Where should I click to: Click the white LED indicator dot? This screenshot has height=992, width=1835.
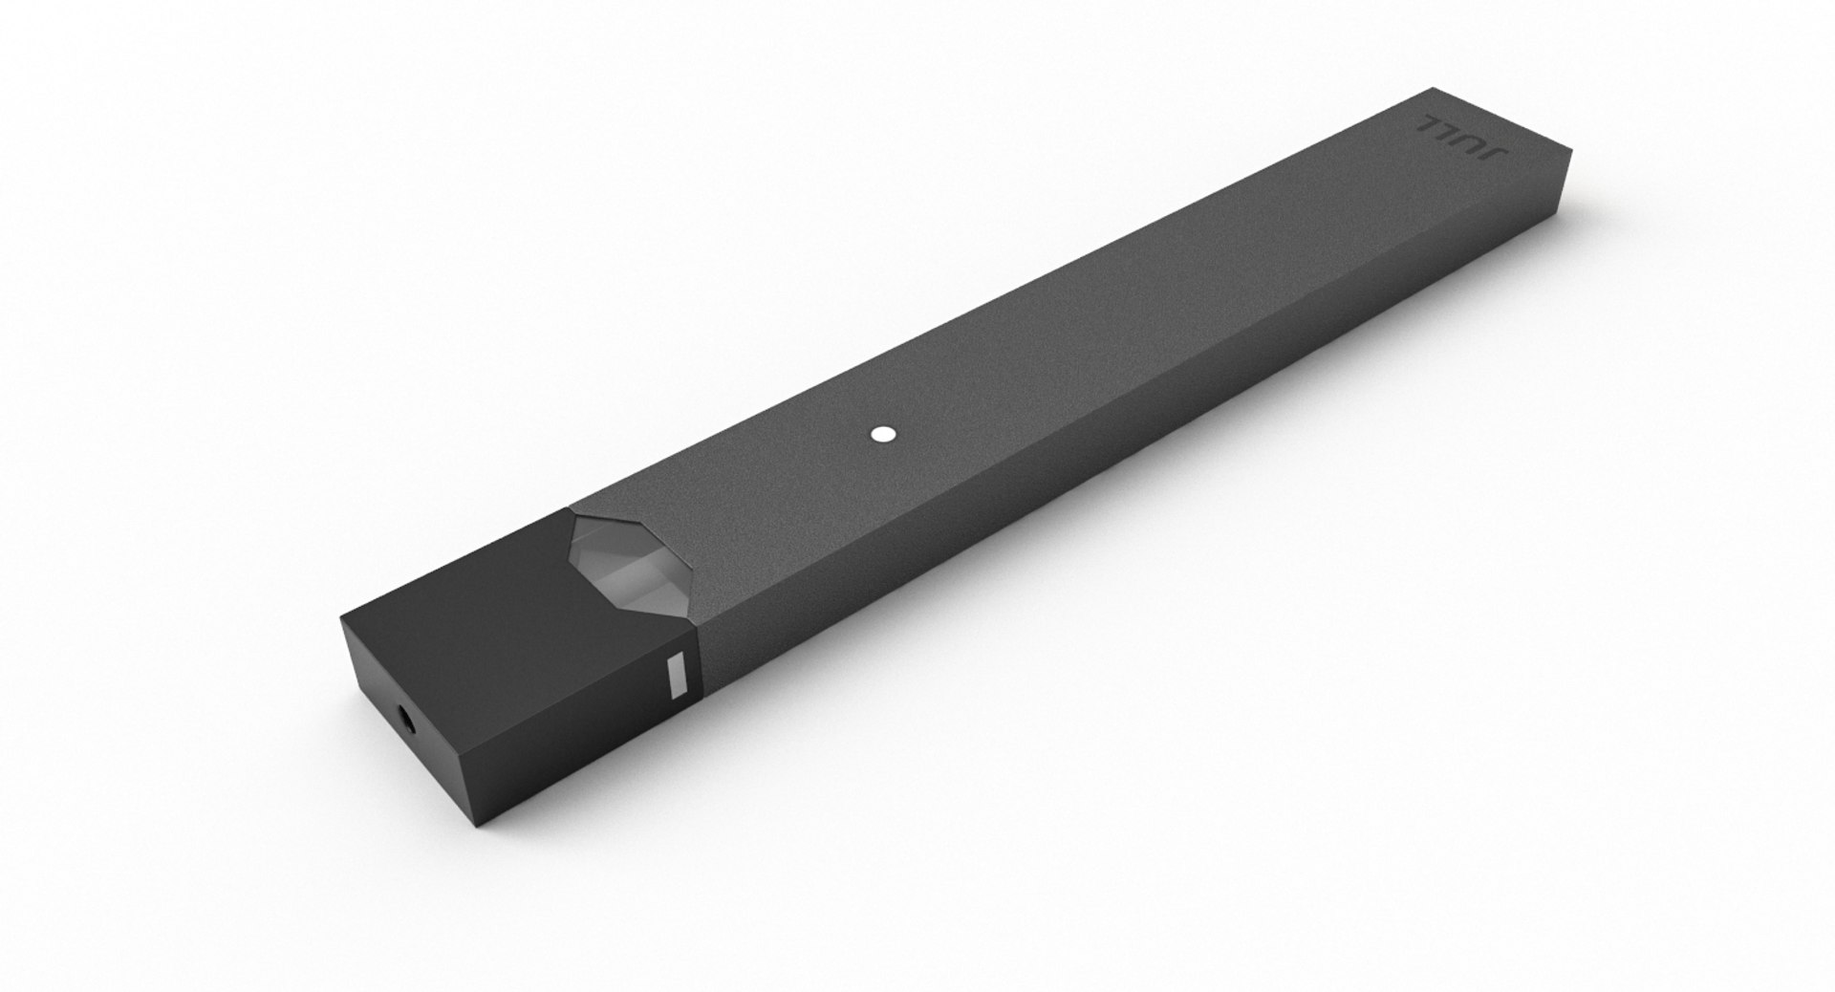[x=881, y=434]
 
